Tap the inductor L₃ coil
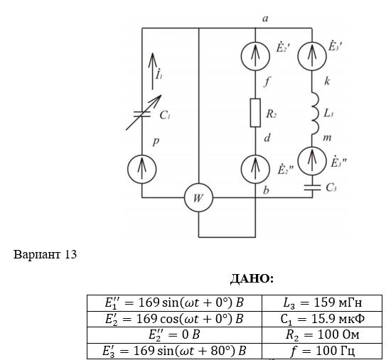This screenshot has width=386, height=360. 315,114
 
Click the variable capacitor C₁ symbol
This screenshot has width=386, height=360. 144,113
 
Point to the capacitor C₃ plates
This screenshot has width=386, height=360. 312,187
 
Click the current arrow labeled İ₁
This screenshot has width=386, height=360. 152,71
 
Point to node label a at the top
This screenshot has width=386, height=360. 265,18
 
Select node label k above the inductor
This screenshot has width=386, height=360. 327,81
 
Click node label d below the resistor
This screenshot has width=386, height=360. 267,138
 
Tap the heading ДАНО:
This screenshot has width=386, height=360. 252,278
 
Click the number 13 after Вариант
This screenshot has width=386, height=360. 71,254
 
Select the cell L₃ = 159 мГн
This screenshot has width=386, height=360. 322,302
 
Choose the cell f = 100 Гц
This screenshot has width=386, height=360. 322,351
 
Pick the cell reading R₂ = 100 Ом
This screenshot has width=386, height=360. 322,334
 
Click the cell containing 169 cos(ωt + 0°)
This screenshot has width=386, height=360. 175,319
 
